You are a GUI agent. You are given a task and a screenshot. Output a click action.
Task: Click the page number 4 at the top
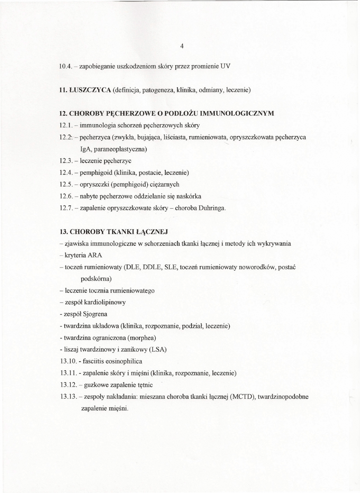(182, 46)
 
